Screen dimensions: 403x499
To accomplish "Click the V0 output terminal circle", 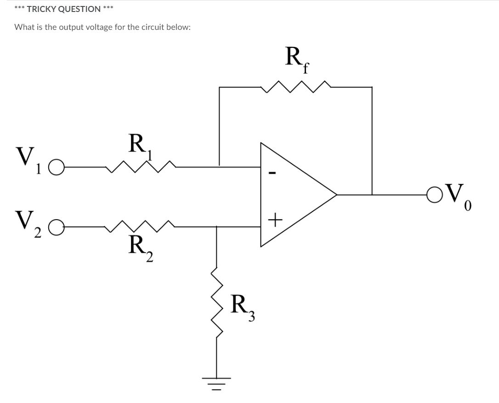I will (433, 195).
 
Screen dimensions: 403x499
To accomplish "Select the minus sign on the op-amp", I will (272, 173).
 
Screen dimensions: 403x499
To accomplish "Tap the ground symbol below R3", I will (217, 382).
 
